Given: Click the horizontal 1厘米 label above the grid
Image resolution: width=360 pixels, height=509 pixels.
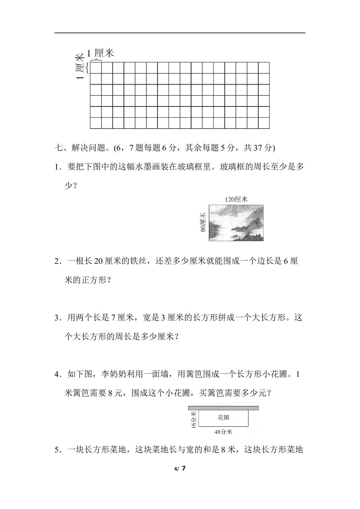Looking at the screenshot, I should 100,53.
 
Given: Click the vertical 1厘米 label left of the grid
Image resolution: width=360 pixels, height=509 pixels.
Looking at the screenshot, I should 79,67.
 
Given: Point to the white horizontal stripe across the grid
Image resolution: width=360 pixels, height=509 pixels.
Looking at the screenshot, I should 180,94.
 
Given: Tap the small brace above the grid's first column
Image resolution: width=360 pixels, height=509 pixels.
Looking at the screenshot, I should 95,59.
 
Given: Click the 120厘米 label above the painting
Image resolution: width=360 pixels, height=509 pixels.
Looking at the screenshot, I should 236,199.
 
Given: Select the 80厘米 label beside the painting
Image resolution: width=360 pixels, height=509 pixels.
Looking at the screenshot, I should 203,222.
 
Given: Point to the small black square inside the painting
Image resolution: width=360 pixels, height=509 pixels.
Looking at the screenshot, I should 229,235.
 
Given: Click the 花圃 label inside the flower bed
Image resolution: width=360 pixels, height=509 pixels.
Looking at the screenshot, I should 224,418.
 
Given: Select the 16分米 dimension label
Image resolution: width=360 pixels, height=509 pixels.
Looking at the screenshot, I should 194,420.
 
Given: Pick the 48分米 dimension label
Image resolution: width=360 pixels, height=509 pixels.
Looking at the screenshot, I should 223,432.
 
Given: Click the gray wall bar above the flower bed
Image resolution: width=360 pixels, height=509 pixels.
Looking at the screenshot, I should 223,408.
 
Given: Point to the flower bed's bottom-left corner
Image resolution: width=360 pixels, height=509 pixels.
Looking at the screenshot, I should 199,427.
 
